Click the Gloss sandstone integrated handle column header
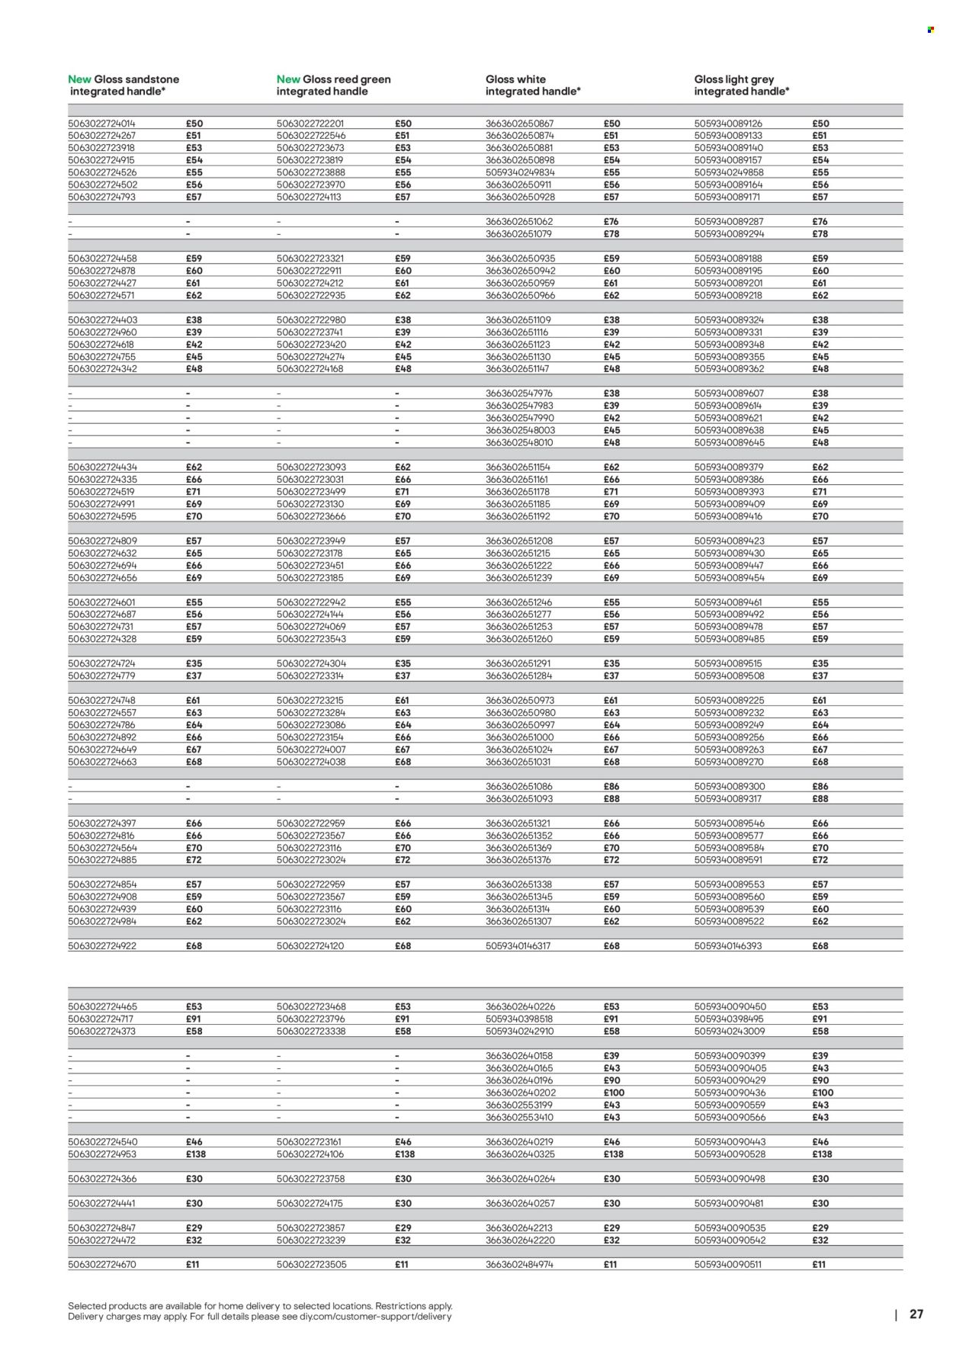tap(124, 85)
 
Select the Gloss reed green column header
tap(333, 85)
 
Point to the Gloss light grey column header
tap(741, 85)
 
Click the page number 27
tap(916, 1314)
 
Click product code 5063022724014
tap(101, 124)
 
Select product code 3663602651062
tap(519, 222)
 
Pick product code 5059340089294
tap(729, 234)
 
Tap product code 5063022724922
tap(101, 945)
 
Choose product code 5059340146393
tap(728, 945)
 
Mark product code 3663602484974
tap(519, 1264)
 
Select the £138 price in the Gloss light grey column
tap(822, 1154)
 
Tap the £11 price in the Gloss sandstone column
tap(192, 1264)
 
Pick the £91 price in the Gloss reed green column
tap(402, 1019)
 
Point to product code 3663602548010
tap(519, 442)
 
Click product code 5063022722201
tap(310, 124)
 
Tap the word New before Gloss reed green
tap(288, 79)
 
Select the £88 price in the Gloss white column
tap(611, 798)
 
